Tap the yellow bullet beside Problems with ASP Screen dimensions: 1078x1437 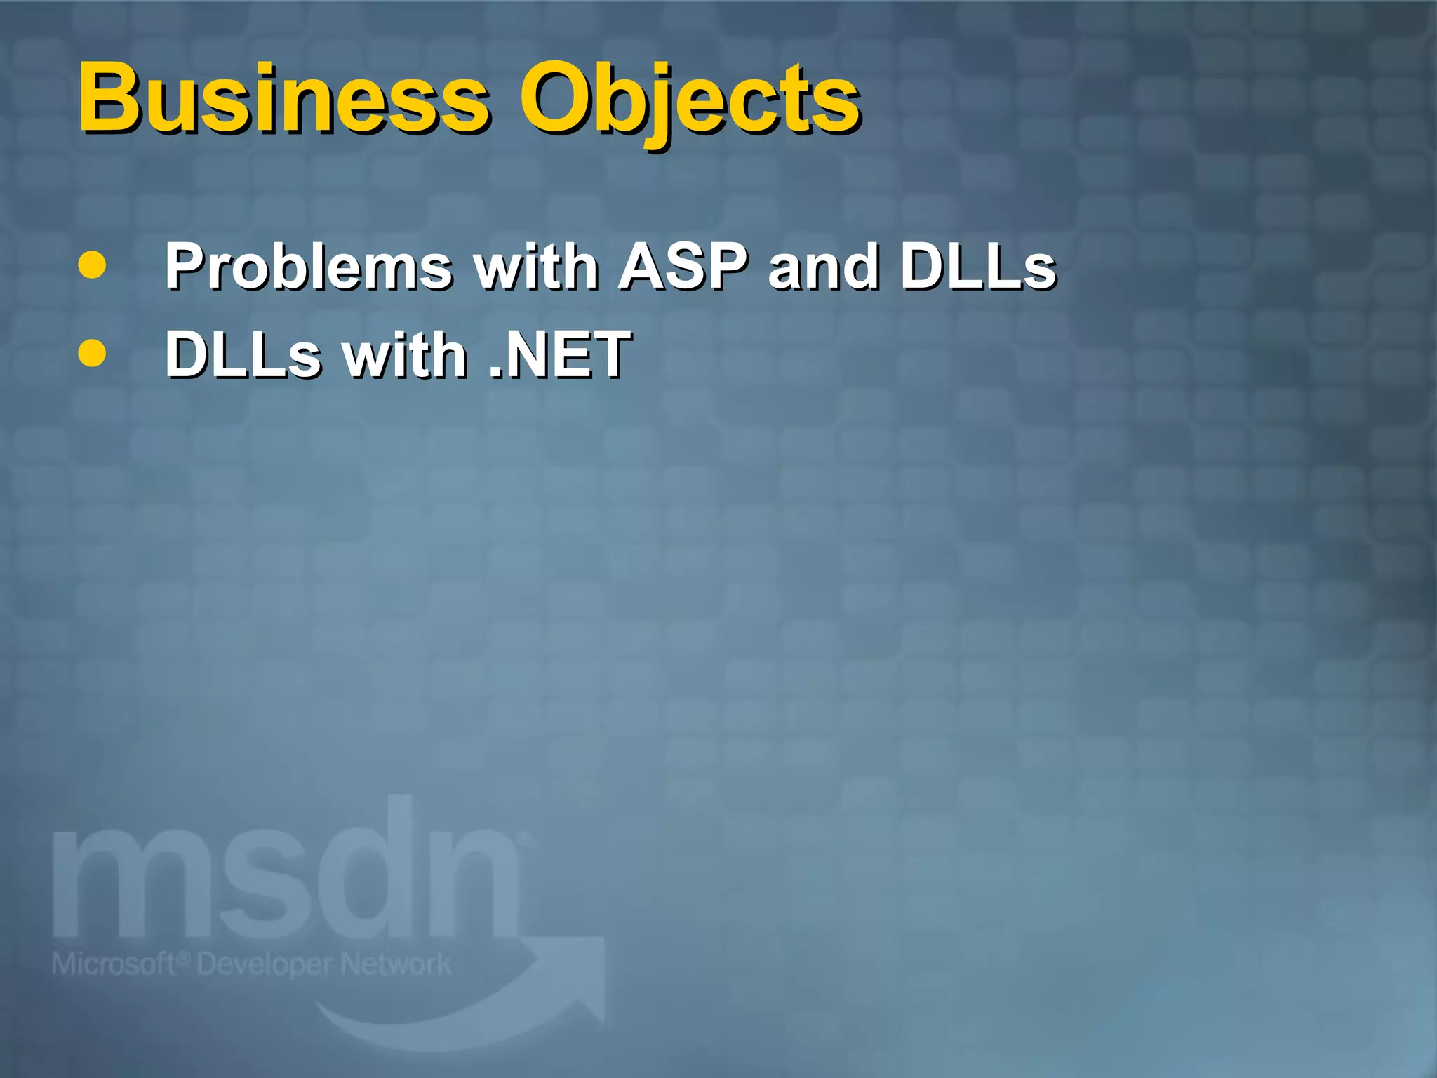click(x=92, y=265)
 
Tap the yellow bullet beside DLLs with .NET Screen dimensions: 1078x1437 click(x=92, y=354)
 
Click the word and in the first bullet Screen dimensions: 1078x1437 click(x=823, y=267)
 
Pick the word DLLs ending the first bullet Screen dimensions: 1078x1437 click(x=978, y=267)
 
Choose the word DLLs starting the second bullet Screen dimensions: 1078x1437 click(x=243, y=354)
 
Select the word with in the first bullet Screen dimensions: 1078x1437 click(x=536, y=267)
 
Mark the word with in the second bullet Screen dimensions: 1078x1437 click(x=404, y=354)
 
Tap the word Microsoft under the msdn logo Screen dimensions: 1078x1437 click(x=112, y=964)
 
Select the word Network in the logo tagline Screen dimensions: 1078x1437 click(x=396, y=964)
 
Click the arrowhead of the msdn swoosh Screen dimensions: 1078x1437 click(x=582, y=976)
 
